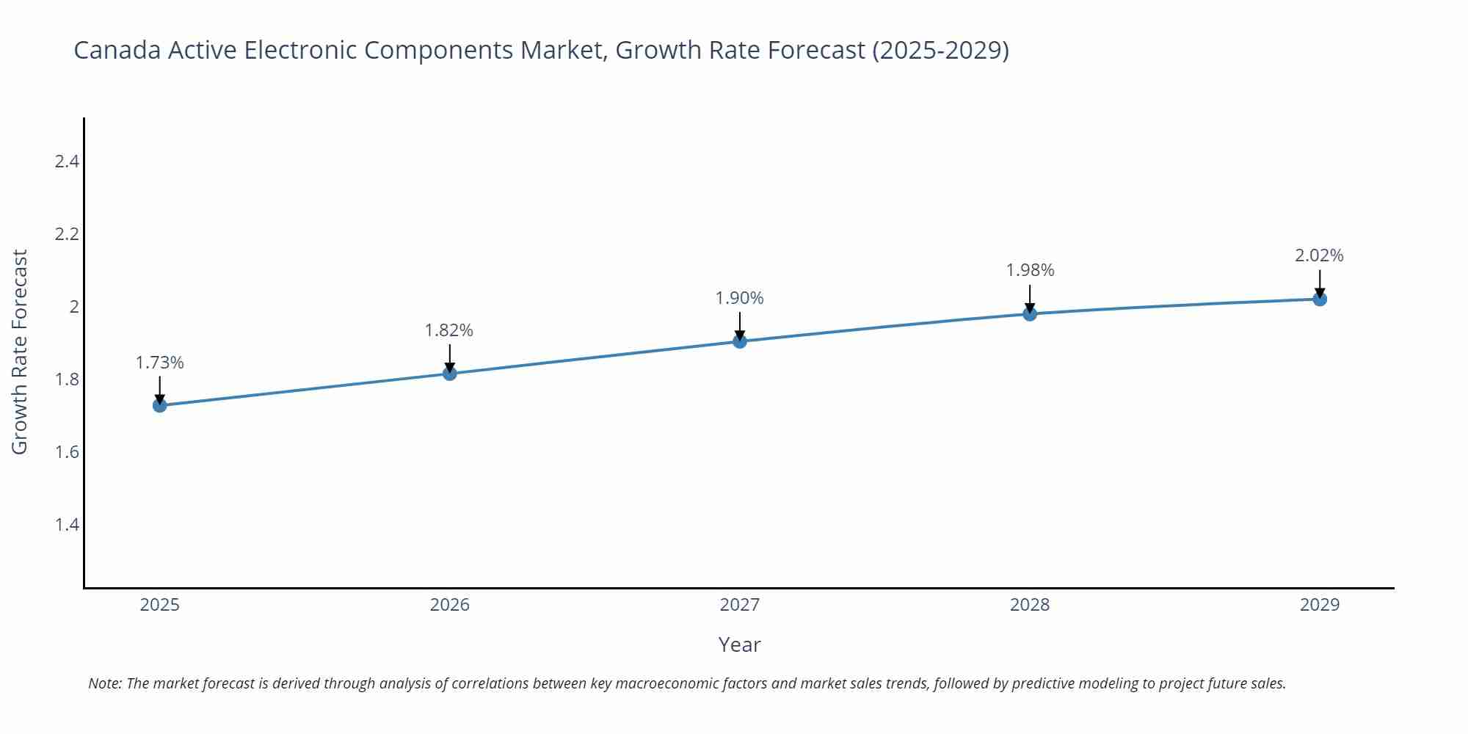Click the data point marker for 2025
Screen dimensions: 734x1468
click(160, 405)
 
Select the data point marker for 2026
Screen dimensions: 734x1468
click(450, 374)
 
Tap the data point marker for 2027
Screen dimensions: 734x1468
click(740, 341)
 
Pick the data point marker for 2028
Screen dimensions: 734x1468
click(1030, 314)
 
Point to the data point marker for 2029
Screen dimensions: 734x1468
click(1320, 299)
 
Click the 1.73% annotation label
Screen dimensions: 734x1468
click(160, 363)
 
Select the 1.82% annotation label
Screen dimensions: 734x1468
click(449, 330)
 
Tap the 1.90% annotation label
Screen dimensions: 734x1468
click(740, 298)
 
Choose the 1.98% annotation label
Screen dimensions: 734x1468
click(1030, 270)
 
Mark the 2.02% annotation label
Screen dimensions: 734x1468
click(1319, 255)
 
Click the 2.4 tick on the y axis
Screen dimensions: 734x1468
click(67, 161)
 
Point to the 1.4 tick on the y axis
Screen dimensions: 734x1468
click(67, 524)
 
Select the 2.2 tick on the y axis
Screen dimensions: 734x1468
click(67, 234)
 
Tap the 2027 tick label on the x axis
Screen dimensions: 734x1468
click(740, 605)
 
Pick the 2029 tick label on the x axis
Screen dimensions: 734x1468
click(1320, 605)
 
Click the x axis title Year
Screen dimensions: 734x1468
click(740, 644)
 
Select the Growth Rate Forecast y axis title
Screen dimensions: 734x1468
click(20, 352)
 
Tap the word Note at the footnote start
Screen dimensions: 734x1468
click(104, 683)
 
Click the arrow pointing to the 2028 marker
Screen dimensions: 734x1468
click(1030, 297)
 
